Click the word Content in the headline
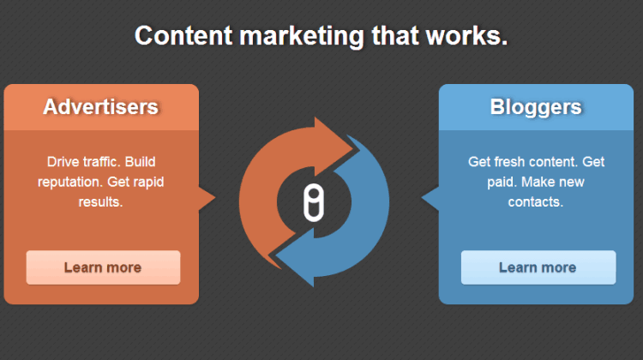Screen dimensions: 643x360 coord(183,36)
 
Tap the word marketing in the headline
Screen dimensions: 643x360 coord(302,37)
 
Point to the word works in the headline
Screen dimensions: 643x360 coord(466,36)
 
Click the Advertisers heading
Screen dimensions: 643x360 coord(101,107)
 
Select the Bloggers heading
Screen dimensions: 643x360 coord(536,107)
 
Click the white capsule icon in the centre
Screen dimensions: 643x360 coord(314,202)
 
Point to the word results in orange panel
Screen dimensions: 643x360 coord(100,201)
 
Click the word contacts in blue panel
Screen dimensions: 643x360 coord(536,201)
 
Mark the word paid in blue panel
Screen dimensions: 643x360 coord(502,182)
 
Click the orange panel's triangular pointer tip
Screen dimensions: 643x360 coord(215,198)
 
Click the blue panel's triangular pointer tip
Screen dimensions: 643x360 coord(422,198)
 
